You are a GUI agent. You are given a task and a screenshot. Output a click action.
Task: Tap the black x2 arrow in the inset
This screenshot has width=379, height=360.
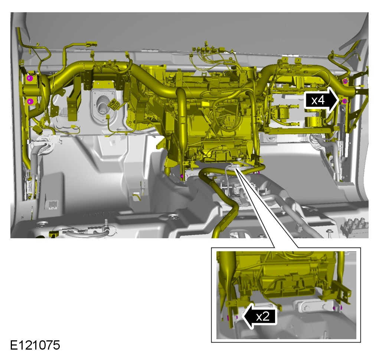259,316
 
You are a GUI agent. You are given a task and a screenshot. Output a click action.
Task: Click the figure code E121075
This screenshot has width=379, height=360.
35,345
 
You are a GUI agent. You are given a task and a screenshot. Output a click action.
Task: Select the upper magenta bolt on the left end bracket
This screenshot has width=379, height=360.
29,78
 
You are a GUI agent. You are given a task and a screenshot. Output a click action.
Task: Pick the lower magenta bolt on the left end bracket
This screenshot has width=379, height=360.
29,101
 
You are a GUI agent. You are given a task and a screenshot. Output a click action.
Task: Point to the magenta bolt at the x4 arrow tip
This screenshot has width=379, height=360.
345,101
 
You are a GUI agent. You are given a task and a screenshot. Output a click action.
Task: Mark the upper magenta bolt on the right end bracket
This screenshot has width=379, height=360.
345,81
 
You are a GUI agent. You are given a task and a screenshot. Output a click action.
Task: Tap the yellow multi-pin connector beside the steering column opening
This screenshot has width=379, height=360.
114,104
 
